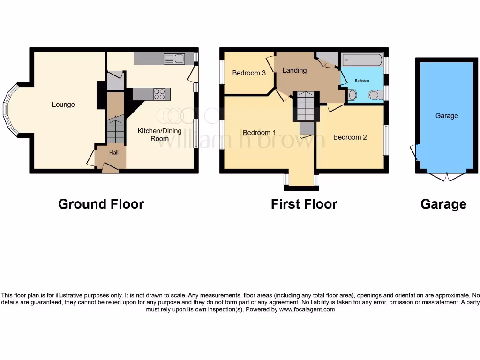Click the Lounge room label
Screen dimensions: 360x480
click(x=63, y=105)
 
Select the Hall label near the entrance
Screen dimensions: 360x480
click(x=114, y=153)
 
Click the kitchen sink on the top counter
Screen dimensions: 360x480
click(x=173, y=59)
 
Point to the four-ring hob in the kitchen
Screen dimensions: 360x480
click(x=160, y=94)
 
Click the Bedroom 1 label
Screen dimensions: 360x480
click(x=259, y=133)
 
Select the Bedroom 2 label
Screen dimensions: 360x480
click(x=350, y=137)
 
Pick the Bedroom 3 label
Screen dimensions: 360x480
click(x=249, y=73)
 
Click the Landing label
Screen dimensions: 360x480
click(x=294, y=70)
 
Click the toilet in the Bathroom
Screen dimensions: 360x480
click(x=375, y=95)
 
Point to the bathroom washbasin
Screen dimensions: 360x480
click(x=352, y=96)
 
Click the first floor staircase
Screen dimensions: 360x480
click(x=306, y=106)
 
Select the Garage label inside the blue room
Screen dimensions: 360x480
click(x=446, y=116)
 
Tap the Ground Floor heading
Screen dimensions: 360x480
click(x=101, y=204)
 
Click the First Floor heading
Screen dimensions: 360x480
click(x=304, y=204)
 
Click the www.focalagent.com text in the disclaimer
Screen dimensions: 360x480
click(x=307, y=309)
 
